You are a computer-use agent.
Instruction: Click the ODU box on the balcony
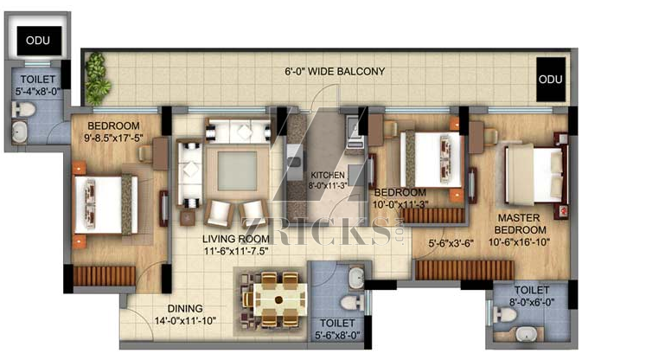tap(550, 79)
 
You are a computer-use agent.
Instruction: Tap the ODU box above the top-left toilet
tap(39, 41)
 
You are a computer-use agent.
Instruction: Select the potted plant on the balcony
tap(97, 79)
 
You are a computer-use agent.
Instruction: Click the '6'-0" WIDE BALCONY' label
tap(335, 71)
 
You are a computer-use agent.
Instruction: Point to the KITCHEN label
tap(328, 176)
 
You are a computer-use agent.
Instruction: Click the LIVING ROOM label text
tap(236, 239)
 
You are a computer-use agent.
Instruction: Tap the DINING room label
tap(185, 308)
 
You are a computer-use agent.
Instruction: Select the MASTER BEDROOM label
tap(519, 224)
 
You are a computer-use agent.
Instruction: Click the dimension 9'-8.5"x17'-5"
tap(113, 138)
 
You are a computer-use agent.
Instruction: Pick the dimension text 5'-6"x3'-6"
tap(451, 244)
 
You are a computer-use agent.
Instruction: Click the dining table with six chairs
tap(275, 299)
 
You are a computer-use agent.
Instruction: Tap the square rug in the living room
tap(237, 171)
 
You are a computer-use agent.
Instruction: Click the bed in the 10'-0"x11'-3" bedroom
tap(432, 159)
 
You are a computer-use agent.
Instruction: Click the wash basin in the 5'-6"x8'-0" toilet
tap(356, 278)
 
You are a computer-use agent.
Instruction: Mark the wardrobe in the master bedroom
tap(464, 270)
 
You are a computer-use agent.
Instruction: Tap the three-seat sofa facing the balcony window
tap(238, 132)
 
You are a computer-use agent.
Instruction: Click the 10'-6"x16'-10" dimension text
tap(519, 242)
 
